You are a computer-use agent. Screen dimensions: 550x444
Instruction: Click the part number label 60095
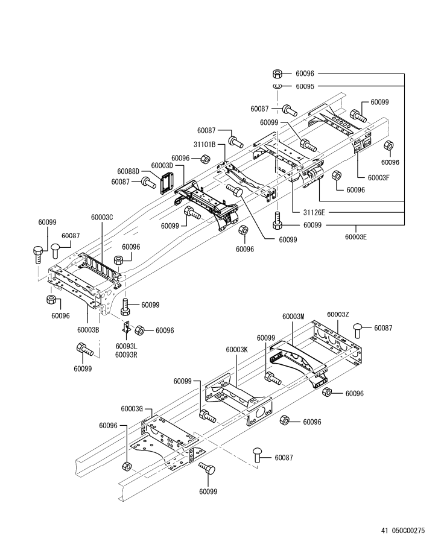pyautogui.click(x=305, y=86)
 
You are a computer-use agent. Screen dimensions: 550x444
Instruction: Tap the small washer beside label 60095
pyautogui.click(x=278, y=87)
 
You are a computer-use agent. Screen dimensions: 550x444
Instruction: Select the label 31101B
pyautogui.click(x=205, y=145)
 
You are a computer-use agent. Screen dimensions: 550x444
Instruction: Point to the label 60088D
pyautogui.click(x=128, y=171)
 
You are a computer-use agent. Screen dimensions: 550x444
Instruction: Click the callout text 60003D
pyautogui.click(x=162, y=165)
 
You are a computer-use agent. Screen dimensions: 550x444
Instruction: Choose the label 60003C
pyautogui.click(x=102, y=217)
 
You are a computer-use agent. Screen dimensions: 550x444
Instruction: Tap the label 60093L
pyautogui.click(x=126, y=347)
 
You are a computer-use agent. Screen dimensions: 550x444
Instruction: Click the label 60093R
pyautogui.click(x=126, y=355)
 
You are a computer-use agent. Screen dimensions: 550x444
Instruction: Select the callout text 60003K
pyautogui.click(x=237, y=350)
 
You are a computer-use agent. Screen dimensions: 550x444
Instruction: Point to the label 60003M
pyautogui.click(x=293, y=316)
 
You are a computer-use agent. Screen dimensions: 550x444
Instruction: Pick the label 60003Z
pyautogui.click(x=338, y=314)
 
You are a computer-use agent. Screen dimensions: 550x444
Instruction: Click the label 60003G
pyautogui.click(x=132, y=408)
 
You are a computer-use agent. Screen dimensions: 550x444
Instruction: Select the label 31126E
pyautogui.click(x=314, y=212)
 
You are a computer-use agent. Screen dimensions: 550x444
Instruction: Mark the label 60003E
pyautogui.click(x=355, y=236)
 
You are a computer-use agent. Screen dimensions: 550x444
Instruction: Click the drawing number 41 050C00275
pyautogui.click(x=403, y=531)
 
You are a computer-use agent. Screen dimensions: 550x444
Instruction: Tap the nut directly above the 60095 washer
pyautogui.click(x=278, y=74)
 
